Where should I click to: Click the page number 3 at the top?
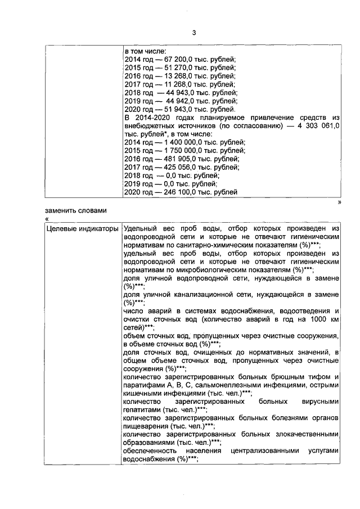click(193, 32)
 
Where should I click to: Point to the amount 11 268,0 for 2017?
click(174, 84)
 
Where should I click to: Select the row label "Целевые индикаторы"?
click(82, 229)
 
